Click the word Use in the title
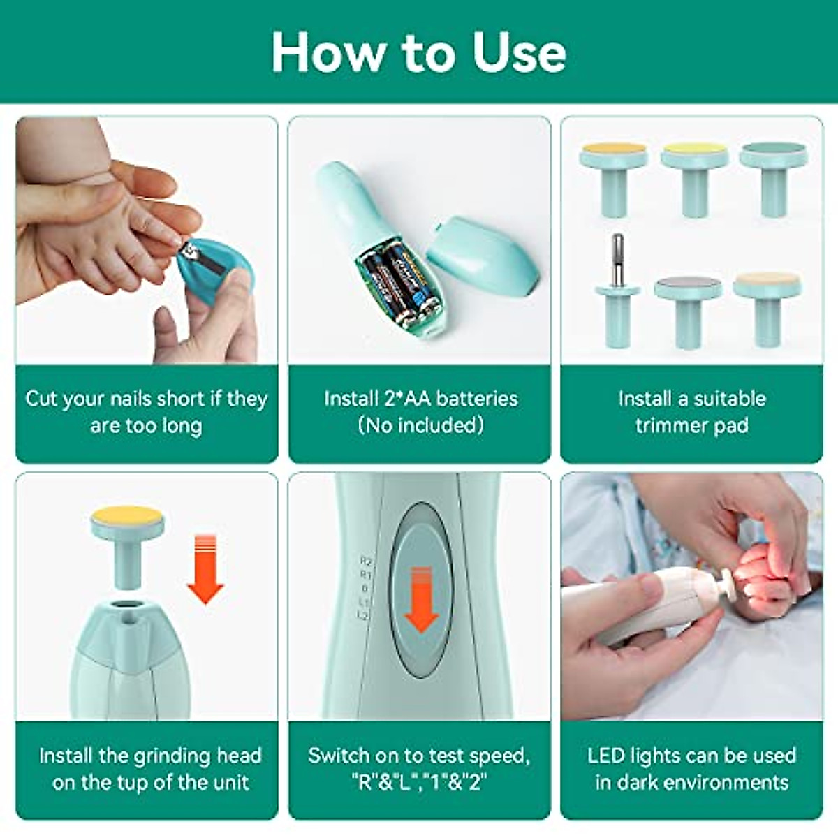[519, 52]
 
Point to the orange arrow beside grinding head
[205, 569]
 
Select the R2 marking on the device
[366, 561]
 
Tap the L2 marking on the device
[364, 615]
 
